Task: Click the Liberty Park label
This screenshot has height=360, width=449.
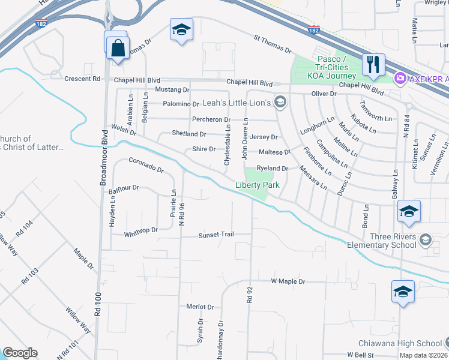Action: pos(258,185)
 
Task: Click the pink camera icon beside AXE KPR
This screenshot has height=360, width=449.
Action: pos(400,78)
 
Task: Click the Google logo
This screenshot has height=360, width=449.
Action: pos(20,353)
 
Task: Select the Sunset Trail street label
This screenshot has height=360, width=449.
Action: pos(216,235)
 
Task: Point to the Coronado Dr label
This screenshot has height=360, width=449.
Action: pos(146,165)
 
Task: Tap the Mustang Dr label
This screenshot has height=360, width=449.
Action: pos(172,89)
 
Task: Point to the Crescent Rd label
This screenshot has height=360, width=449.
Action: pos(83,79)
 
